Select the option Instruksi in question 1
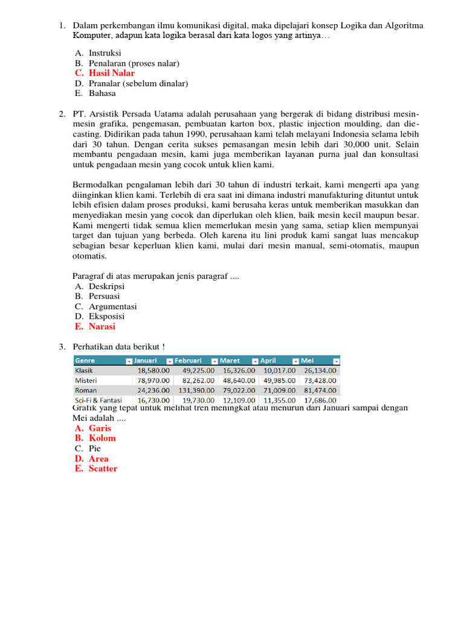(x=105, y=53)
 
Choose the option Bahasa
(x=102, y=93)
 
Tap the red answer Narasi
(x=101, y=327)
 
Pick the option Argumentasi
(x=112, y=306)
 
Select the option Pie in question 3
(x=95, y=448)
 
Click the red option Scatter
(x=103, y=468)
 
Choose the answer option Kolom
(x=102, y=438)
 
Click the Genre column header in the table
(x=85, y=360)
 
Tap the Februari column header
(x=188, y=360)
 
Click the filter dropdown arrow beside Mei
(x=337, y=361)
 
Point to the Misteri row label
(x=85, y=380)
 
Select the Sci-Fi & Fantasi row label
(x=98, y=400)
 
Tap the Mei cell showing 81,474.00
(x=320, y=390)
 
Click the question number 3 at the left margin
(x=61, y=346)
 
